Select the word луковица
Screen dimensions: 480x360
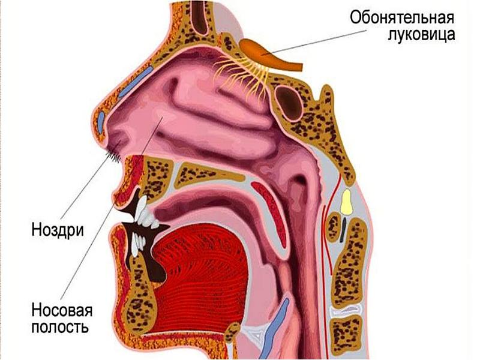pyautogui.click(x=419, y=34)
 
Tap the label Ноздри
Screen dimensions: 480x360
pyautogui.click(x=58, y=230)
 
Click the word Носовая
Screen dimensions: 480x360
pyautogui.click(x=62, y=311)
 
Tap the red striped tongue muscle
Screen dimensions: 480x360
pyautogui.click(x=204, y=270)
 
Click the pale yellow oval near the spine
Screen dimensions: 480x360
pyautogui.click(x=346, y=202)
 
